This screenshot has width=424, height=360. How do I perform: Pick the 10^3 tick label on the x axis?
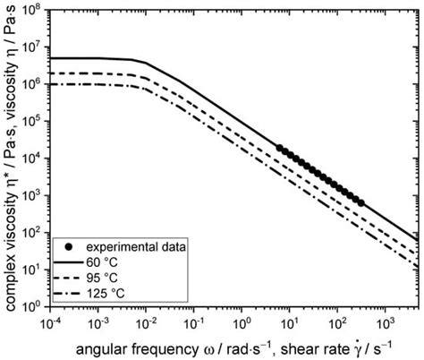tap(385, 320)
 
